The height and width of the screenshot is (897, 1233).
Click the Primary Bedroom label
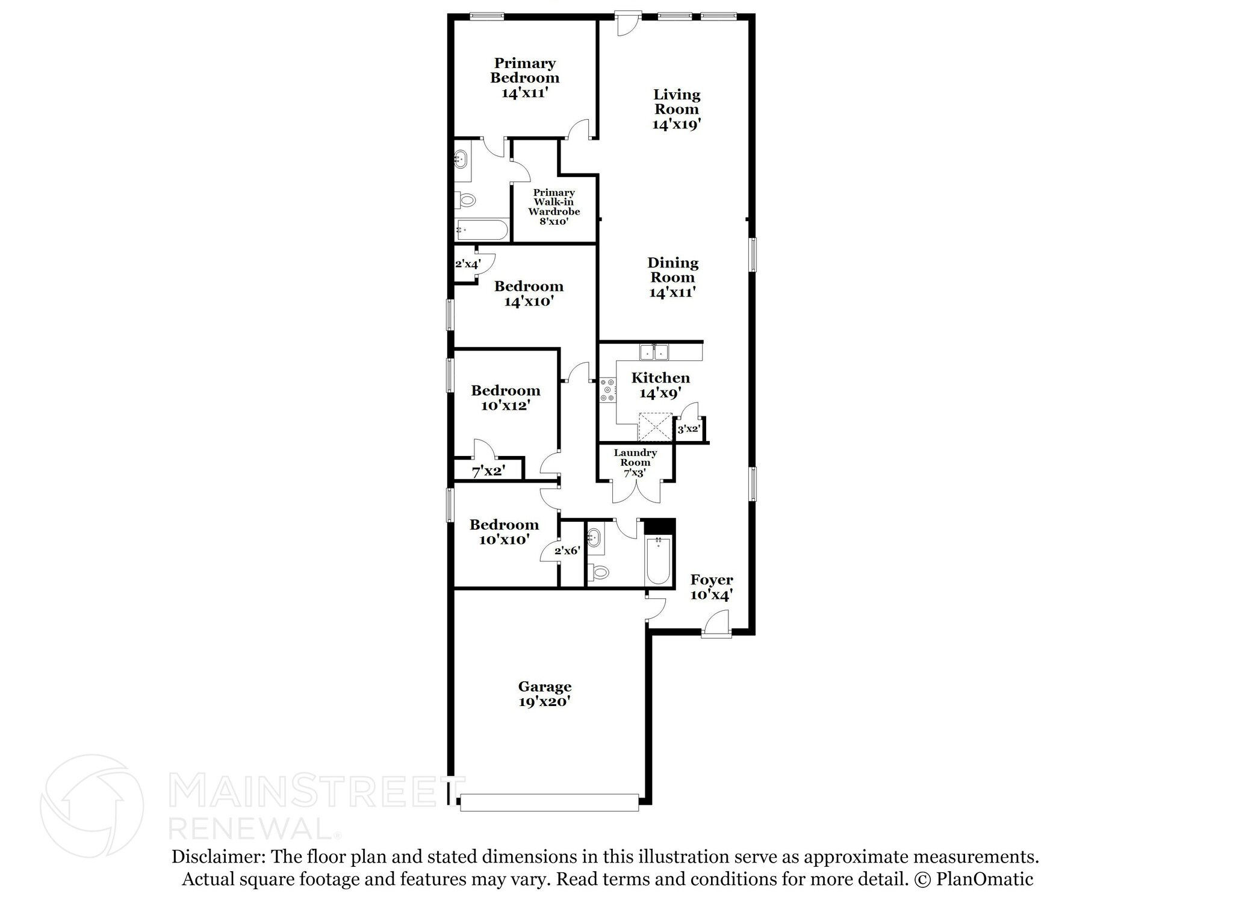(524, 71)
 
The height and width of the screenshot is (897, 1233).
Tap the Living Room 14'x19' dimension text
(676, 125)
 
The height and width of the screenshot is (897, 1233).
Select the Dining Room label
(672, 270)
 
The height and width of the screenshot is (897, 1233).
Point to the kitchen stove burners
(607, 390)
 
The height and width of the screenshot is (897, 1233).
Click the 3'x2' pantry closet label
(689, 430)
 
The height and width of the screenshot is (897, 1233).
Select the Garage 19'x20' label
(544, 694)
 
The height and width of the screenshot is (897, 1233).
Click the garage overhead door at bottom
(548, 802)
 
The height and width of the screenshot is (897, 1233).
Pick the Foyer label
(711, 580)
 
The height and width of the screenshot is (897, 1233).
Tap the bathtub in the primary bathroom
(482, 230)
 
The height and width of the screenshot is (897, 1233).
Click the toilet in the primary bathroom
(465, 199)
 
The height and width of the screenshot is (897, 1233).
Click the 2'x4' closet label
(467, 264)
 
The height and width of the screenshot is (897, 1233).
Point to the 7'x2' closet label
(488, 471)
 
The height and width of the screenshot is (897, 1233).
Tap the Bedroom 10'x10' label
(504, 532)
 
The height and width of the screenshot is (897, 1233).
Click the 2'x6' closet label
(567, 551)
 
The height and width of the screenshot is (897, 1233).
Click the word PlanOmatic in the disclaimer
(984, 879)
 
